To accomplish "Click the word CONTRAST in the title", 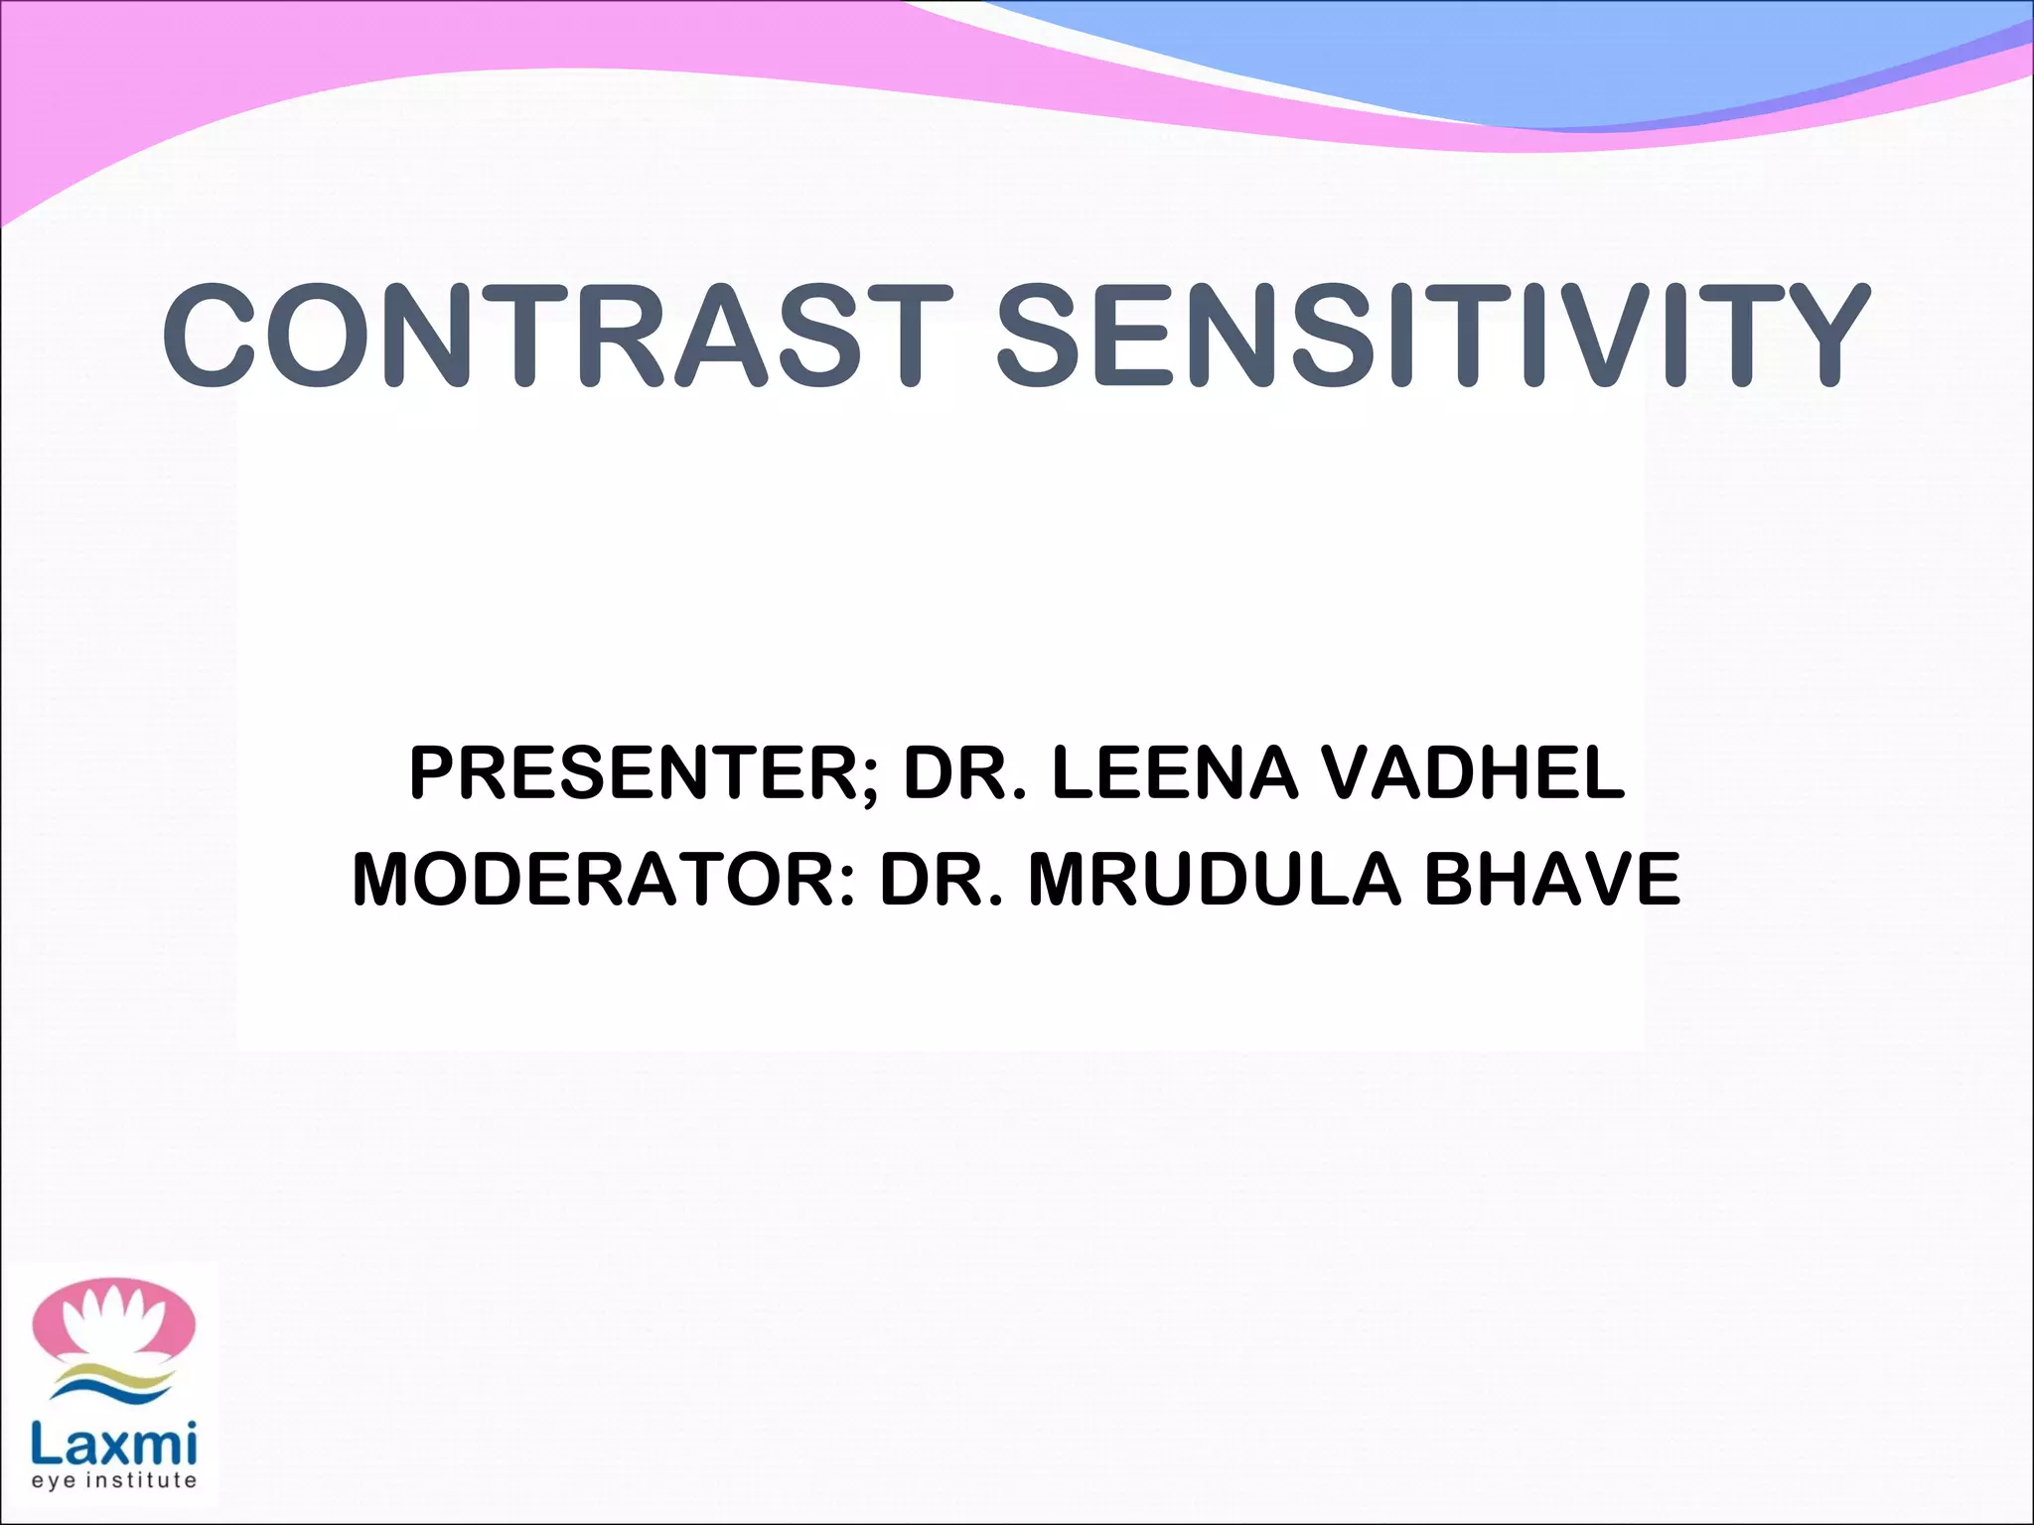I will [x=556, y=335].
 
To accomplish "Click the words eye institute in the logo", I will [x=114, y=1481].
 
